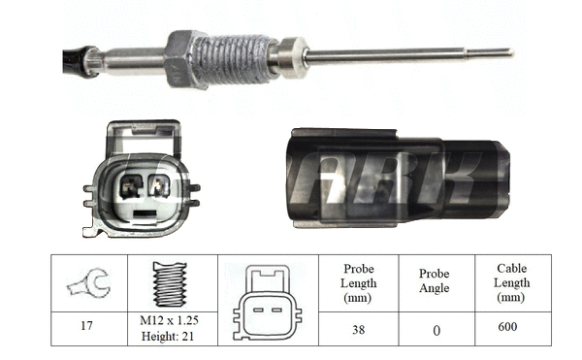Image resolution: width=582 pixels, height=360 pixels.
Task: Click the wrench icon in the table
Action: pyautogui.click(x=88, y=283)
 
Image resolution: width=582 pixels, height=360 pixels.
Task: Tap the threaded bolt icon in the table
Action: pyautogui.click(x=169, y=283)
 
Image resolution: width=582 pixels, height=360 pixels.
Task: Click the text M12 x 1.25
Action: pyautogui.click(x=170, y=321)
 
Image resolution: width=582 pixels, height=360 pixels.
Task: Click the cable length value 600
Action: pyautogui.click(x=507, y=327)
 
